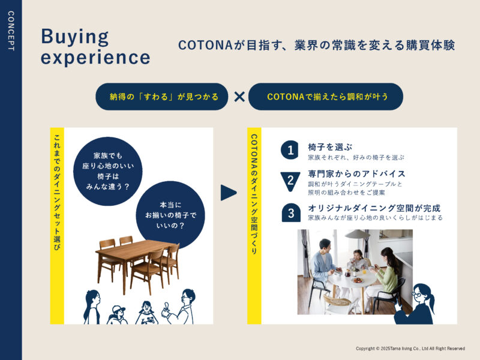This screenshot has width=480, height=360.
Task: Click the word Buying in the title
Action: coord(74,37)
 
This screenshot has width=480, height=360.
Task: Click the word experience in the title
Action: coord(95,57)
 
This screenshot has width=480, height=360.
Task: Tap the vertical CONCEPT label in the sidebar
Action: coord(11,31)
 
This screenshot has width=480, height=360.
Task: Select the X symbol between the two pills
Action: coord(239,97)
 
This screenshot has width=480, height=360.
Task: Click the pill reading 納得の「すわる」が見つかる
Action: coord(162,97)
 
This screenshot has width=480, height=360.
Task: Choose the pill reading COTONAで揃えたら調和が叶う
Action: coord(326,97)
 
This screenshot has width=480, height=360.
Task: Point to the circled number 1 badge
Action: coord(290,150)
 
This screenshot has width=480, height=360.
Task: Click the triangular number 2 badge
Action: coord(290,181)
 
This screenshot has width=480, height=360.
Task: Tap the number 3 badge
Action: coord(291,213)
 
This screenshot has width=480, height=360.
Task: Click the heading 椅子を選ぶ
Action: coord(330,147)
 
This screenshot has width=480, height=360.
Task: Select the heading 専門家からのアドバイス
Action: coord(356,174)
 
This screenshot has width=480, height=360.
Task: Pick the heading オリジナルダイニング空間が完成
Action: coord(374,208)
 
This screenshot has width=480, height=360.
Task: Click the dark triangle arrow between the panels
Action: coord(229,193)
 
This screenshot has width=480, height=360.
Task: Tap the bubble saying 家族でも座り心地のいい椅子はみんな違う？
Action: coord(108,171)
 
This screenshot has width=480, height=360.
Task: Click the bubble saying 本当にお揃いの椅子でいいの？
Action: coord(170,215)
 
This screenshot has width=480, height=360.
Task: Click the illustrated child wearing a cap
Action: coord(117,314)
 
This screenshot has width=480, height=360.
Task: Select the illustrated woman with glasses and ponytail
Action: coord(416,305)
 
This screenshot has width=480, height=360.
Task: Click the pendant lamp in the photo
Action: coord(358,234)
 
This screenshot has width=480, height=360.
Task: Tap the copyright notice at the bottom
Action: coord(410,349)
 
